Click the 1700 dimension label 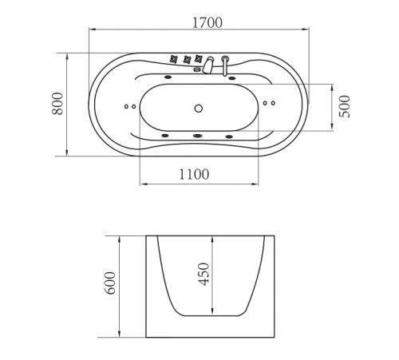[207, 22]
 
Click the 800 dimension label [57, 104]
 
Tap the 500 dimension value [345, 106]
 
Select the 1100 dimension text [194, 174]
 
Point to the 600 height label [109, 283]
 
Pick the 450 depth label [204, 274]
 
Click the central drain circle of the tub [199, 109]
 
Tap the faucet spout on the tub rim [208, 65]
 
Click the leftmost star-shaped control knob [174, 59]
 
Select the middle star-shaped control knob [188, 59]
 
